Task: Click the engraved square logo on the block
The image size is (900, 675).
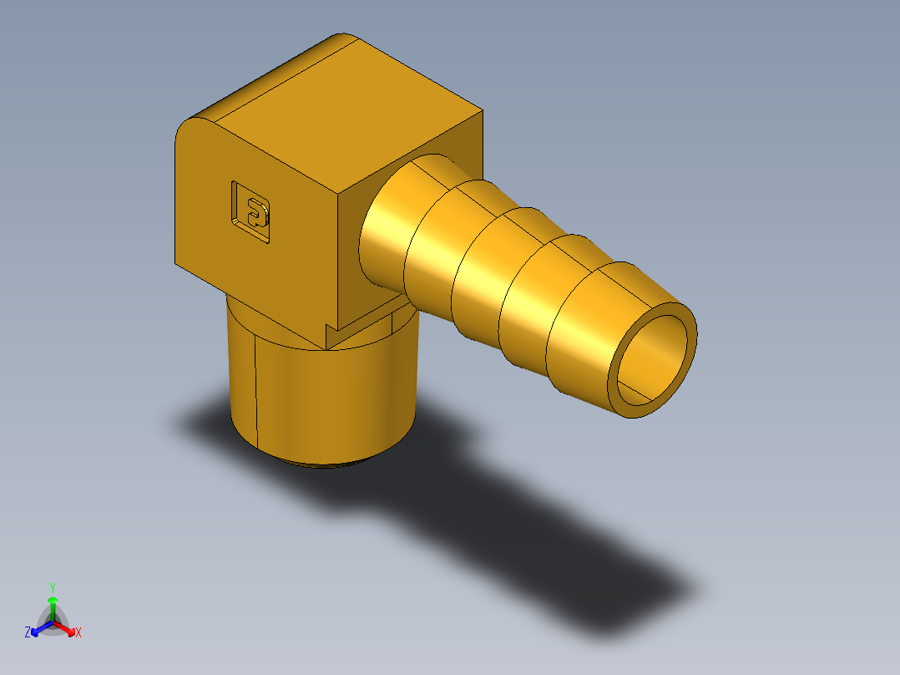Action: pos(251,212)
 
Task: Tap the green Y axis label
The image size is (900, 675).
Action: pos(52,586)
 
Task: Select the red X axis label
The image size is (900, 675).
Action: pos(78,633)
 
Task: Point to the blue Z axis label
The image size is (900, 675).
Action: pos(28,632)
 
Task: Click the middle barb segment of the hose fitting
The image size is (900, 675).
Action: pos(488,272)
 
